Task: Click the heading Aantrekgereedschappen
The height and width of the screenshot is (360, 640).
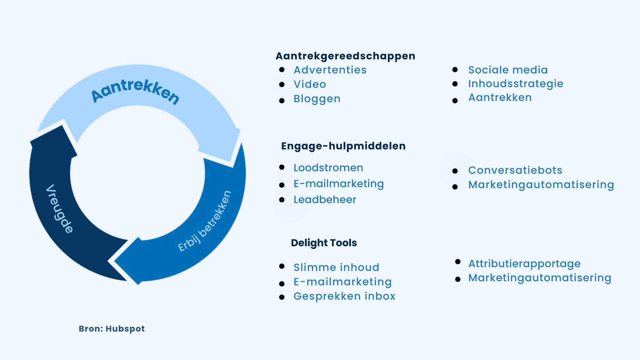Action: [345, 56]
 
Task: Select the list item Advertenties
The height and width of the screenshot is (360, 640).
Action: [330, 70]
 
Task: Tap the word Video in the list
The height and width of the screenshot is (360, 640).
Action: [310, 84]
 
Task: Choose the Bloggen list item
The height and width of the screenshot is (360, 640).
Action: [317, 99]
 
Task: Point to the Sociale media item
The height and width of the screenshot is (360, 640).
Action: [508, 70]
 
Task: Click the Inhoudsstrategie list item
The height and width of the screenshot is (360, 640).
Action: [516, 84]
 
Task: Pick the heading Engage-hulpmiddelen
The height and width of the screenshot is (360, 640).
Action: [343, 146]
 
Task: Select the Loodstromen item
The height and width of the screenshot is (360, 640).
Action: [328, 168]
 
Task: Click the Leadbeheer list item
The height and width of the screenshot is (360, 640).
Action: [325, 200]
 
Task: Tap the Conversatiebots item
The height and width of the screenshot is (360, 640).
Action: [515, 170]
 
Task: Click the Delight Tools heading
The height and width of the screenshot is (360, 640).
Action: [324, 243]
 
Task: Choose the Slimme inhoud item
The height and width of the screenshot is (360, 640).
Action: [336, 267]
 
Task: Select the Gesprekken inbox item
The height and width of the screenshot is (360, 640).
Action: [344, 296]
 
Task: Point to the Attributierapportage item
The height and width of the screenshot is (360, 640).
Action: [524, 264]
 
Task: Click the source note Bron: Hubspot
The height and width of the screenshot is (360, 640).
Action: [112, 329]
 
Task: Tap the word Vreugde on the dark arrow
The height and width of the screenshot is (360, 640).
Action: [59, 209]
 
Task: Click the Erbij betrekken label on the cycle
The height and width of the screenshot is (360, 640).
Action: [205, 221]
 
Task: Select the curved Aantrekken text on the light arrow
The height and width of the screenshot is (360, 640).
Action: [135, 90]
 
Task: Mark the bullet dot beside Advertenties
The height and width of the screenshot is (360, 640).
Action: [282, 70]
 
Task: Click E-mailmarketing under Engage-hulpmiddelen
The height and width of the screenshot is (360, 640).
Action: [338, 184]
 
